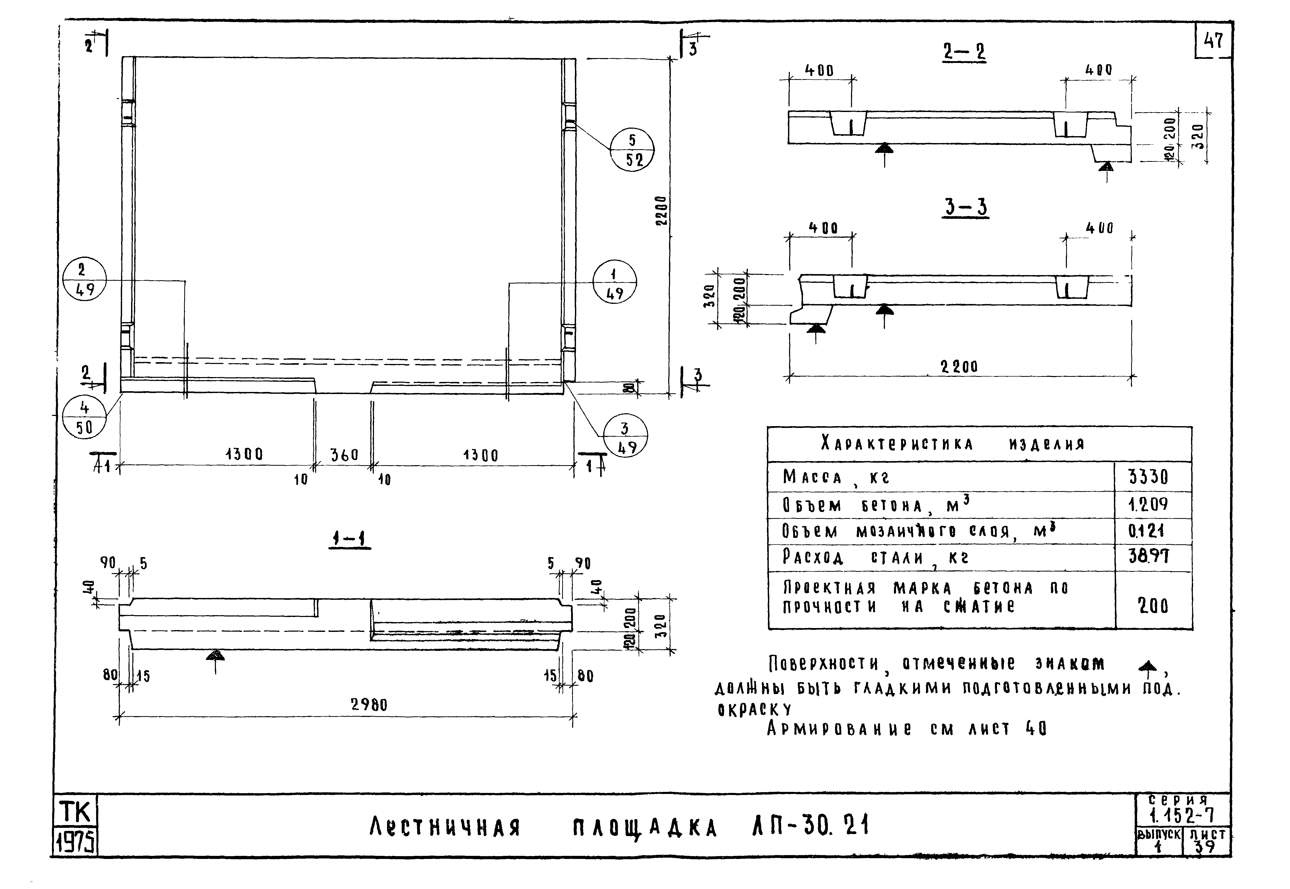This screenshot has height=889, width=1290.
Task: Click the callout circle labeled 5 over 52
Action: click(x=632, y=150)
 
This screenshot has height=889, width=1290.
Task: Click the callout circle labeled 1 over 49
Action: click(x=614, y=282)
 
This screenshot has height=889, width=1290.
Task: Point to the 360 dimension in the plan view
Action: click(x=344, y=455)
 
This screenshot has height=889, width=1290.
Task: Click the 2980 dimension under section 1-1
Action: click(x=369, y=705)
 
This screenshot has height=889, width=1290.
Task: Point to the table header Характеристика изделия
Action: click(x=953, y=444)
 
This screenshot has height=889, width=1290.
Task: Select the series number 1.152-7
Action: click(x=1182, y=816)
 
